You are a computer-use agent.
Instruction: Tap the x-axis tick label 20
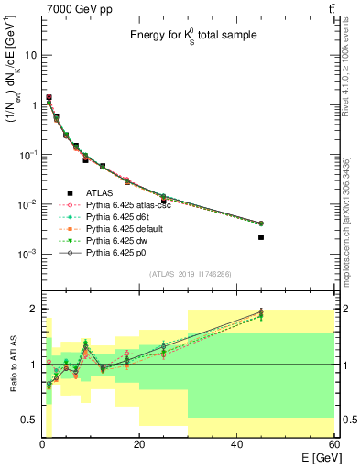coord(139,444)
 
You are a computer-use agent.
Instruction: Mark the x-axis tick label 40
coord(236,444)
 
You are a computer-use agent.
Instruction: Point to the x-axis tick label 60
coord(333,444)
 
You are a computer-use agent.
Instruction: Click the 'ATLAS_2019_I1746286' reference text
coord(191,274)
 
